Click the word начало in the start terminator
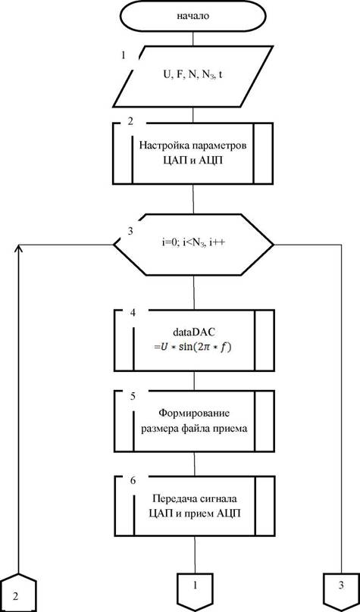(193, 17)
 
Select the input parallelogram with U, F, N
(193, 76)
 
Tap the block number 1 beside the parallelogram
(124, 55)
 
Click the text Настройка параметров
(193, 146)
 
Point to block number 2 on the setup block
(130, 121)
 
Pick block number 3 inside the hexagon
(130, 231)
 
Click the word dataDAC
(194, 332)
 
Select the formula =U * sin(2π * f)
(193, 347)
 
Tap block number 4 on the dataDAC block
(133, 314)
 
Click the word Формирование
(194, 413)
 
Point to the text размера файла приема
(194, 428)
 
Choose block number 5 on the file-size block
(133, 396)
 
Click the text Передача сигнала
(195, 499)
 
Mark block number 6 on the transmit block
(133, 481)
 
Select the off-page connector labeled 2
(17, 592)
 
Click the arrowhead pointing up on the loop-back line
(20, 248)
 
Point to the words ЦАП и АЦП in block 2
(193, 161)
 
